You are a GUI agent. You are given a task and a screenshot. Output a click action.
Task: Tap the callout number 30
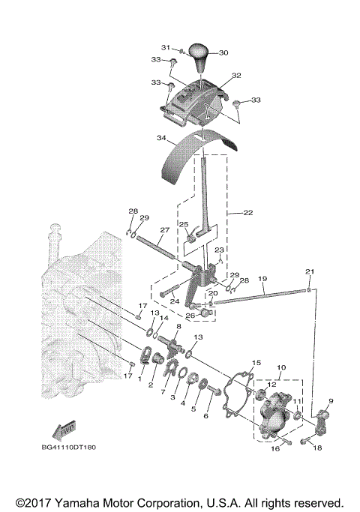click(x=223, y=52)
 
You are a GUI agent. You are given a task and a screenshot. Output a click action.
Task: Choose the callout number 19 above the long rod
click(x=262, y=278)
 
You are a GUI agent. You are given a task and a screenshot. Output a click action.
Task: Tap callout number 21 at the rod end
click(x=309, y=271)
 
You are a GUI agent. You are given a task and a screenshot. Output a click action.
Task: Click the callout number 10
click(x=282, y=368)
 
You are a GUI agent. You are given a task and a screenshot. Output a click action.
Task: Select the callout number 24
click(x=173, y=301)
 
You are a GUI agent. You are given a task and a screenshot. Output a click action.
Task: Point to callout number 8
click(x=178, y=327)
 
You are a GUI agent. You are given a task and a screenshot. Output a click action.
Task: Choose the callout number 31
click(x=166, y=48)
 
